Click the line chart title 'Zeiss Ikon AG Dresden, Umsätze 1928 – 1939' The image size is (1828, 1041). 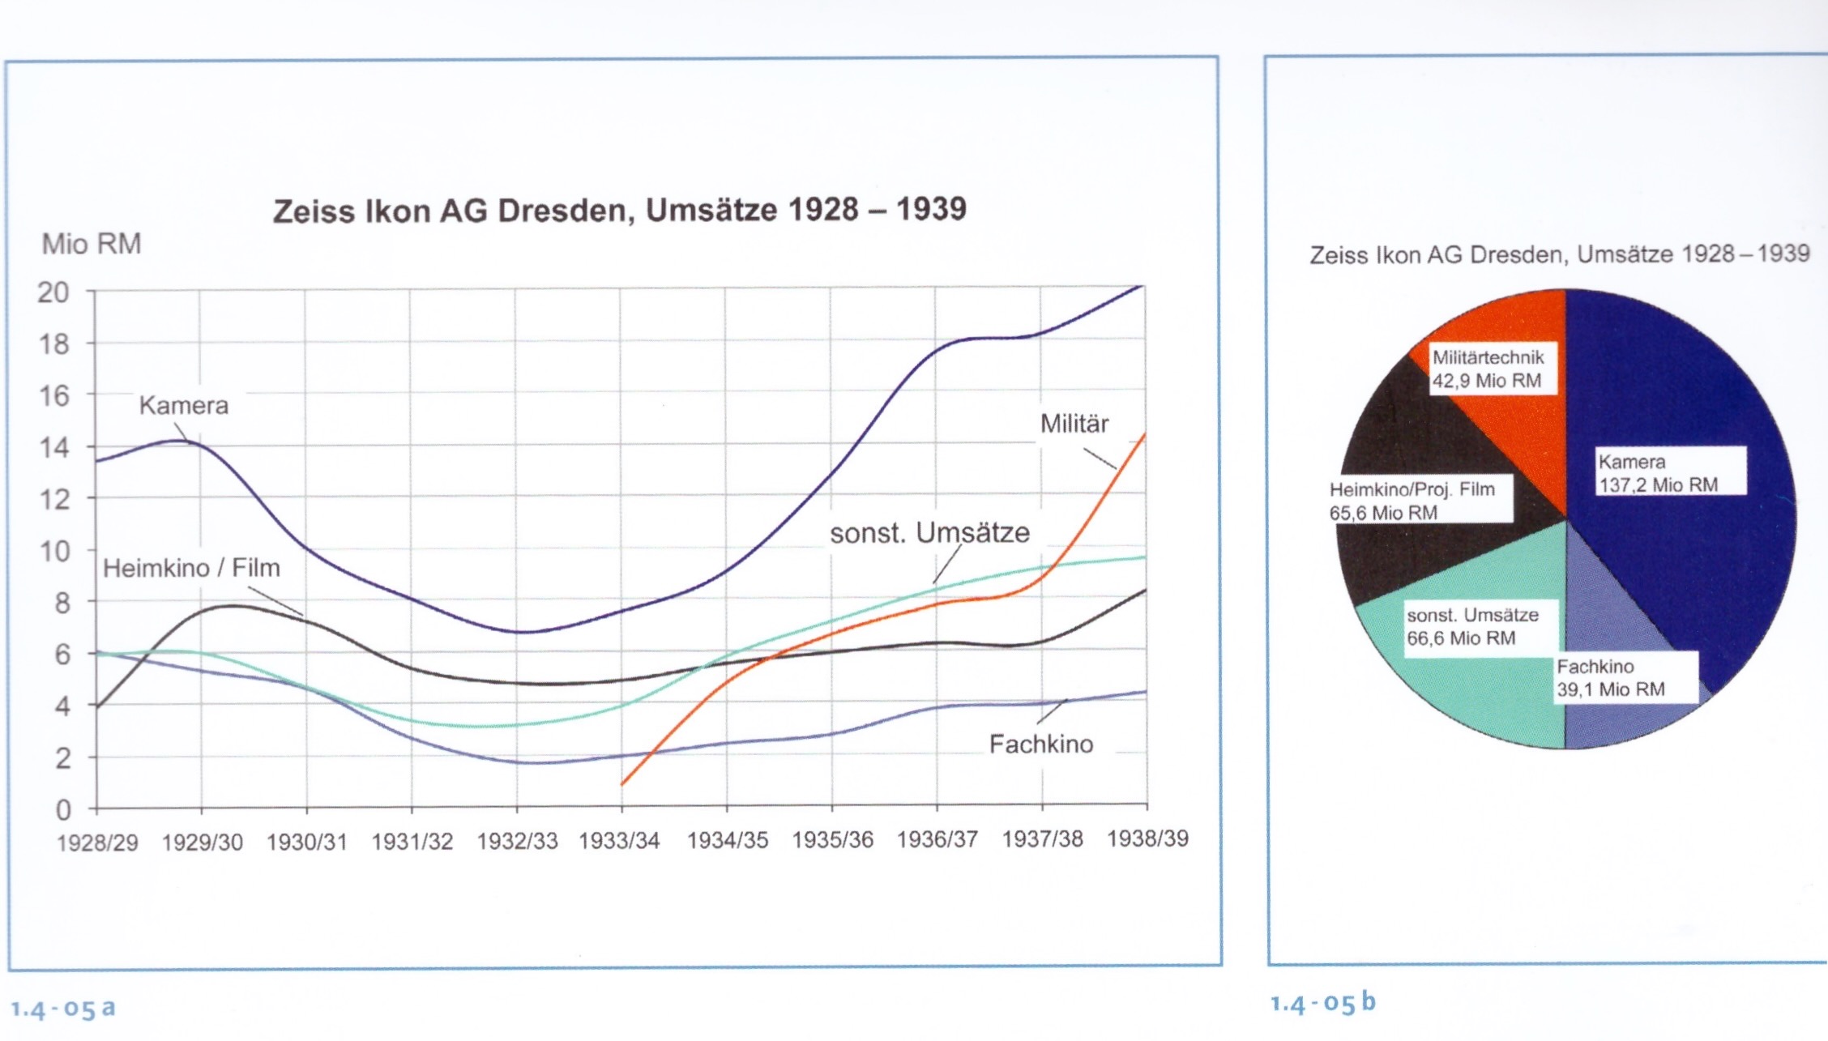[619, 211]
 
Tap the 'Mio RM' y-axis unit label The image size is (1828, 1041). [92, 244]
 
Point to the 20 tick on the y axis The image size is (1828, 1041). [53, 292]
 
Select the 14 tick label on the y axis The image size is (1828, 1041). [53, 447]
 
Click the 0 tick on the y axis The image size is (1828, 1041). [62, 809]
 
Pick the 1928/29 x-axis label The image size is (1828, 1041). [97, 843]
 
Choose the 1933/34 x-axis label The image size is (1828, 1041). [619, 841]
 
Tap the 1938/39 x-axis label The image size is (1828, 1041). [1147, 838]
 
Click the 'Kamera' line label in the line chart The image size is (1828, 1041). [184, 405]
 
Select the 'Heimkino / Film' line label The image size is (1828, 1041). [191, 568]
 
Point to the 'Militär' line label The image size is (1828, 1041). [1074, 424]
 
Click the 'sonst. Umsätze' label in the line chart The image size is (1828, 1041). [929, 533]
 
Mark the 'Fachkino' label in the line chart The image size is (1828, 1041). [1041, 744]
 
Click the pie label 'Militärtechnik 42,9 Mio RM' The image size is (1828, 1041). [1488, 369]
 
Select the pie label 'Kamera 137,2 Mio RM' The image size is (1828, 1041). [1658, 473]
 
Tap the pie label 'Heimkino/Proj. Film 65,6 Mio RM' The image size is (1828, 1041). [1412, 501]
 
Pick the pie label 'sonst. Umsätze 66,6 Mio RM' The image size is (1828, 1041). [1471, 626]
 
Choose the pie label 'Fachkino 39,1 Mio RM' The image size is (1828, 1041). [1610, 678]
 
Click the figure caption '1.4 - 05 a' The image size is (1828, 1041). [63, 1009]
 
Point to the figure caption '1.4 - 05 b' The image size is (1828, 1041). [1322, 1003]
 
